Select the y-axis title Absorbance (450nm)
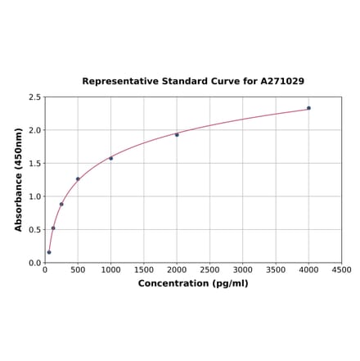[19, 179]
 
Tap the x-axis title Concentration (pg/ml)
[193, 283]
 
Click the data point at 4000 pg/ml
[308, 108]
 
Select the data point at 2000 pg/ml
[177, 134]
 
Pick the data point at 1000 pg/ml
[110, 158]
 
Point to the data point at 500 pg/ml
[78, 178]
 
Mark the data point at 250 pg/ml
[61, 204]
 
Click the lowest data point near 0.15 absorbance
[49, 252]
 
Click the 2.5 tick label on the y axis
[35, 97]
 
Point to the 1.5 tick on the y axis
[35, 164]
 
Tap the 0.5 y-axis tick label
[35, 230]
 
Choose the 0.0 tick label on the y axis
[35, 263]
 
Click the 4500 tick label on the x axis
[341, 270]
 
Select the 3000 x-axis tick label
[242, 270]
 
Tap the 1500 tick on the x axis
[143, 270]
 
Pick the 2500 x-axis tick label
[209, 270]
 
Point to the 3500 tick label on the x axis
[276, 270]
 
